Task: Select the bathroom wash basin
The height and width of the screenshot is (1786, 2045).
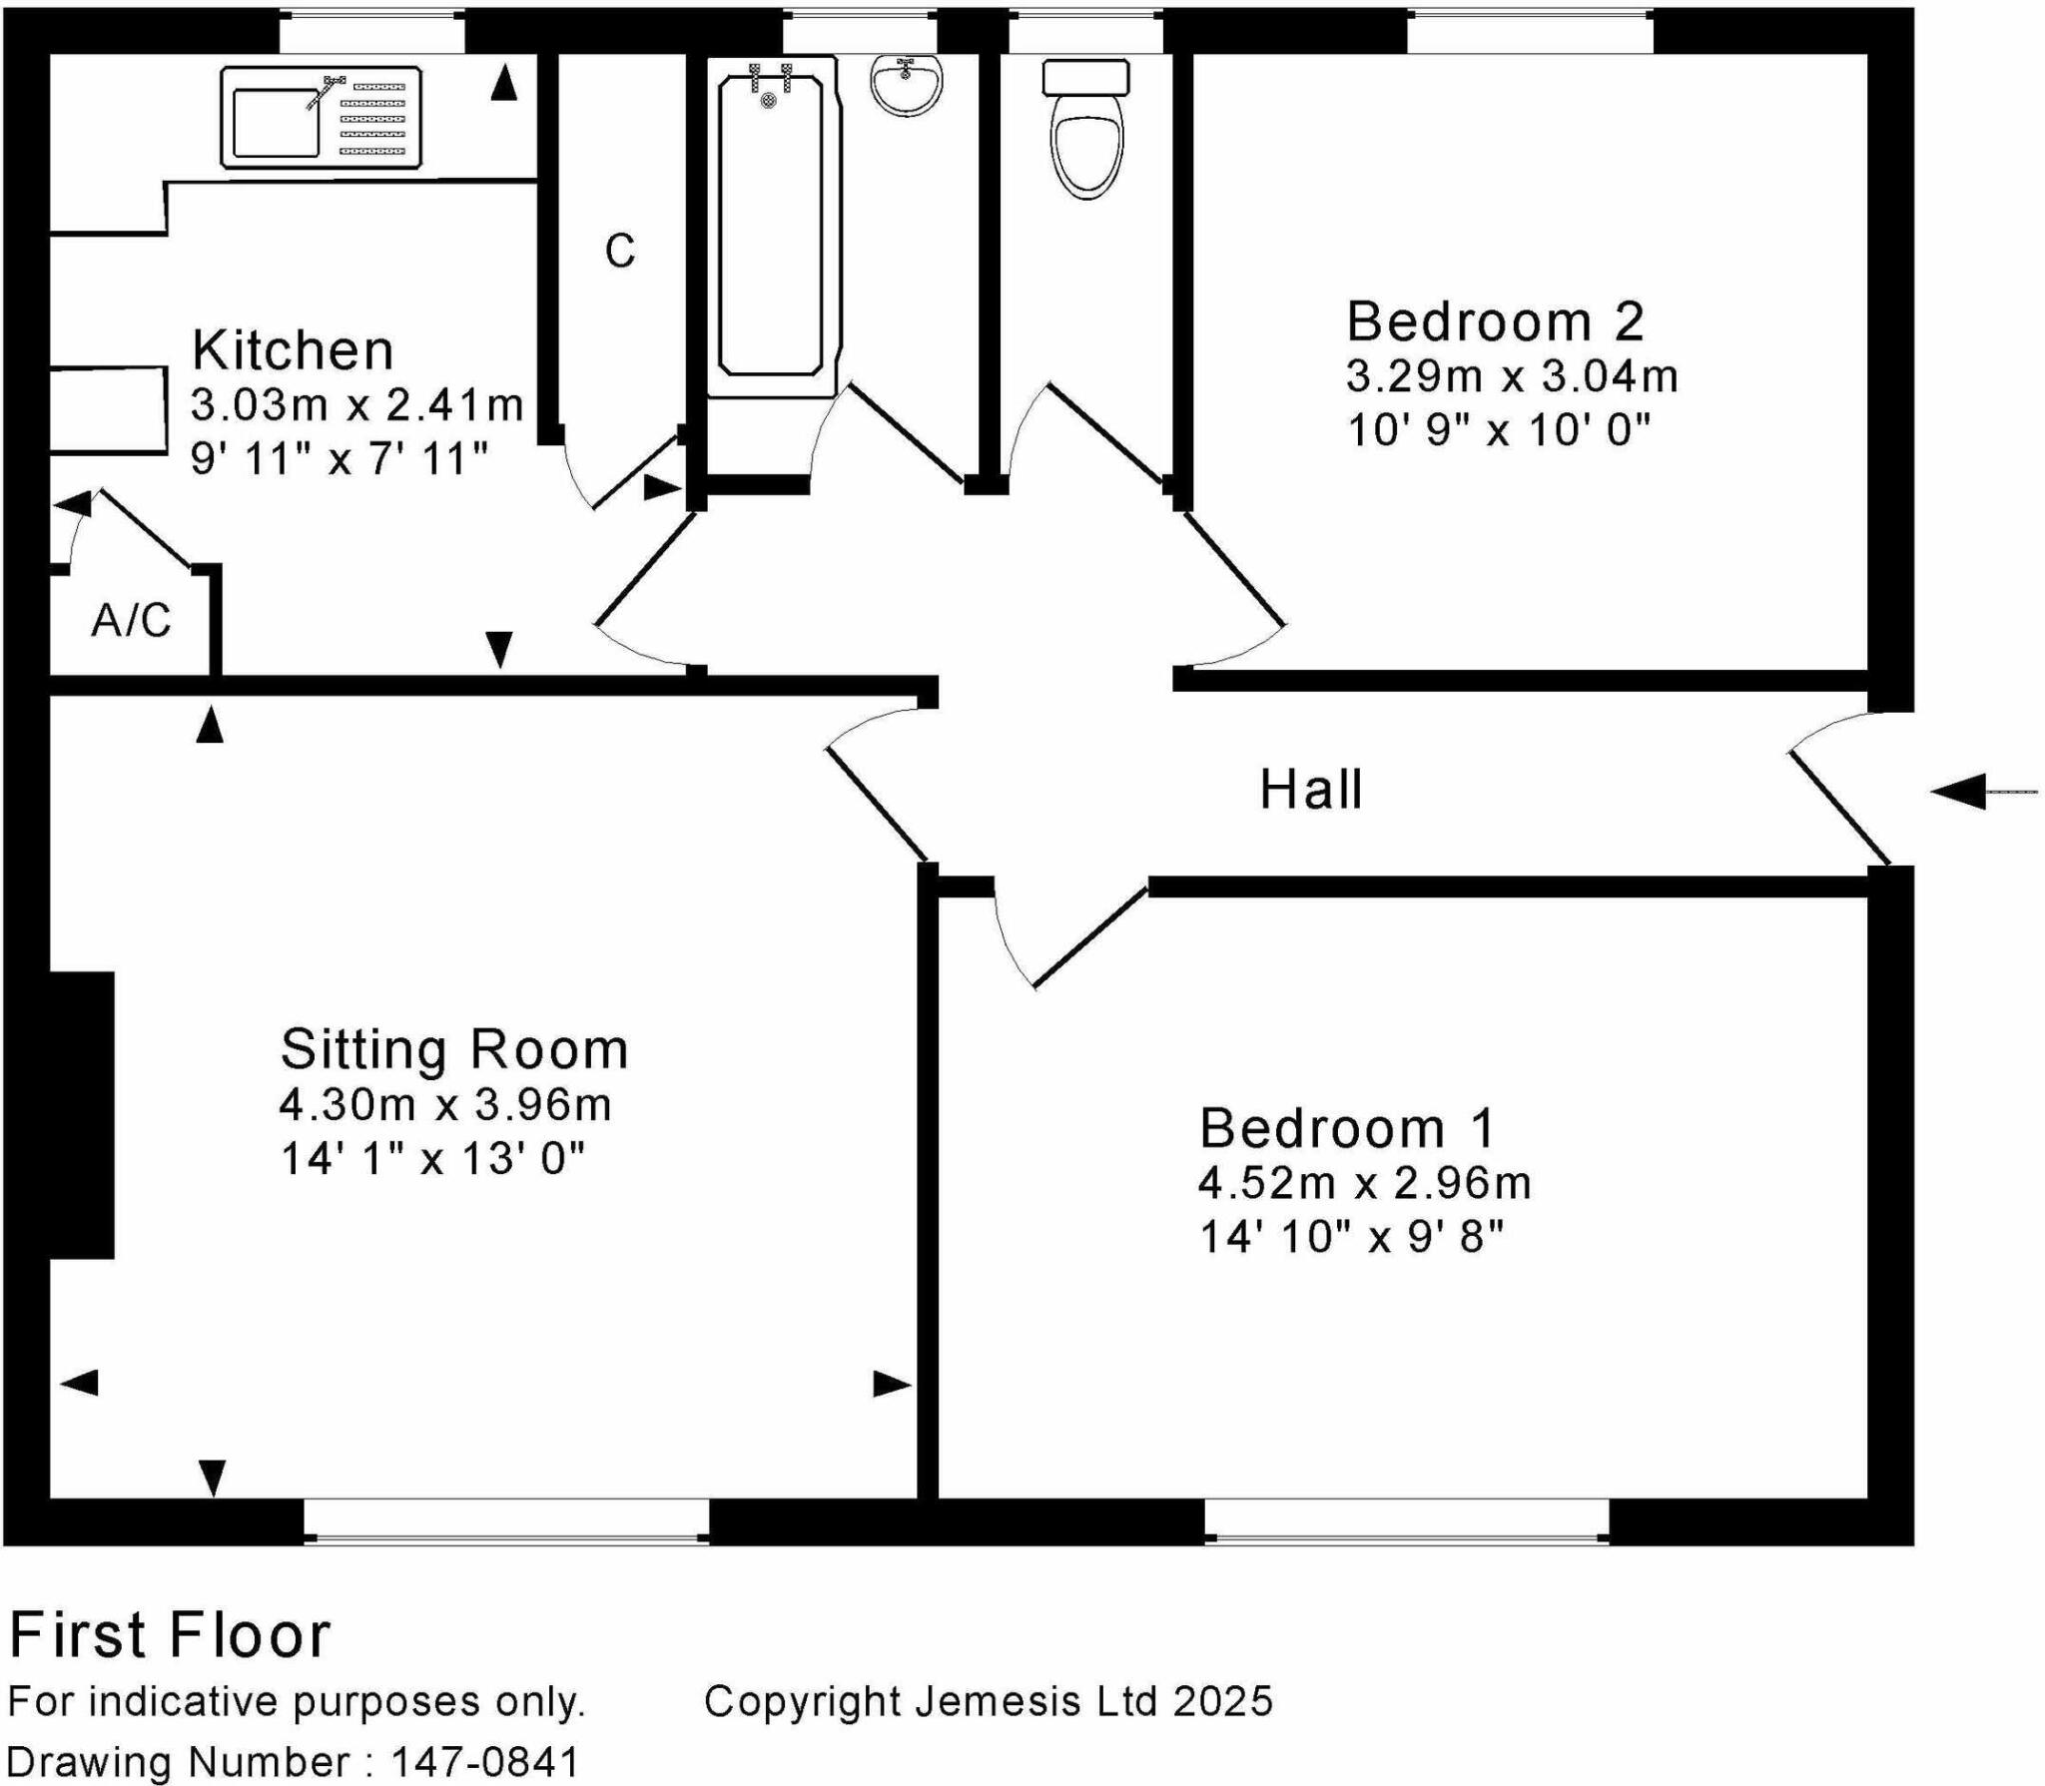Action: pos(906,84)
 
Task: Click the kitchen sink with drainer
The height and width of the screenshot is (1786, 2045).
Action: pos(321,117)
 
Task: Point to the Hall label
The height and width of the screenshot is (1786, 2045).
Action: pos(1310,790)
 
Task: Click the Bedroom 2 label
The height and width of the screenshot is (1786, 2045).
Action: pos(1494,321)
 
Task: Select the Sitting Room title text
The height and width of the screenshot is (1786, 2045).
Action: pos(453,1049)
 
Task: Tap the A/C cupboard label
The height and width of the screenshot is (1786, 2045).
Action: pos(131,620)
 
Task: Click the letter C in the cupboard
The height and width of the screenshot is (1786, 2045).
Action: pos(619,252)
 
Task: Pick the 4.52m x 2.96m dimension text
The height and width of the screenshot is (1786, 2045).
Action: pos(1364,1183)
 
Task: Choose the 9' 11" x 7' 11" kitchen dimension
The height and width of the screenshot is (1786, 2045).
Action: pos(340,459)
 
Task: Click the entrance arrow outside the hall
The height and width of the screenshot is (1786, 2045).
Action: pos(1981,792)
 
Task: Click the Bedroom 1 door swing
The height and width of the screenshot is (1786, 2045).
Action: pos(1068,933)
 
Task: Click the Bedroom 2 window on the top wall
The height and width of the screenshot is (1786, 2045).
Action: pos(1529,30)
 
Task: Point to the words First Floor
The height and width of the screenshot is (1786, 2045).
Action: pos(170,1635)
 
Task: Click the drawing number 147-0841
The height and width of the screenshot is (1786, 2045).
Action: pos(485,1761)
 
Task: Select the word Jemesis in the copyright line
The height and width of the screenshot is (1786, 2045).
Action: pos(998,1701)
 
